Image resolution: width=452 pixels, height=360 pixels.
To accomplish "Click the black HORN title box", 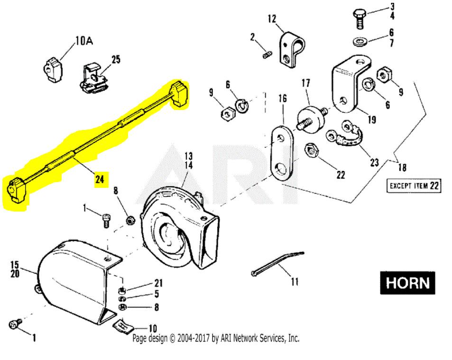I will (x=407, y=283).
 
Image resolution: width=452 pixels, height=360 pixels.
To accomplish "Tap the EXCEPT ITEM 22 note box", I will (x=413, y=185).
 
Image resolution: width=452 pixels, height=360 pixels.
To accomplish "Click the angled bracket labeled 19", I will (x=347, y=85).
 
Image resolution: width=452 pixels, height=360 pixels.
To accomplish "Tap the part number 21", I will (x=157, y=283).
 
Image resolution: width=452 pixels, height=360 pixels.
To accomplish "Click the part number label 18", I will (x=402, y=167).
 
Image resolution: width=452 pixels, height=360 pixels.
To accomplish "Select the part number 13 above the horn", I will (x=189, y=156).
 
